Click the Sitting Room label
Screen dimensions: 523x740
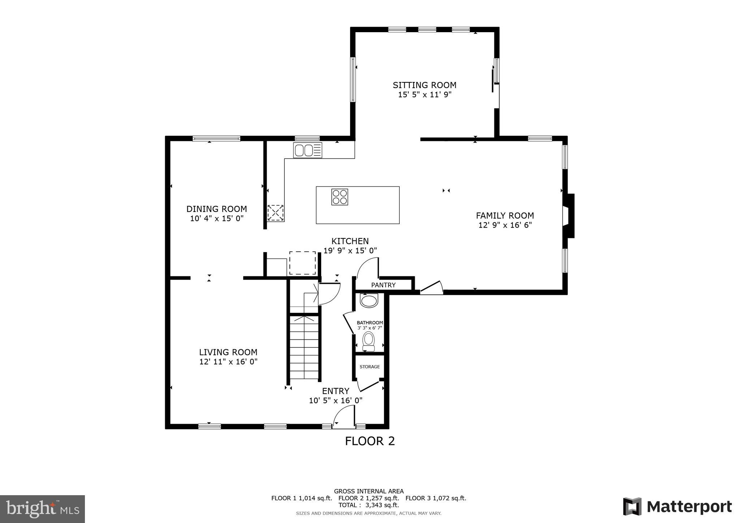point(424,85)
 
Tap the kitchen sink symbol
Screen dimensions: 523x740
point(307,150)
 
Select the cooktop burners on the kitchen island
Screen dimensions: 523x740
point(340,197)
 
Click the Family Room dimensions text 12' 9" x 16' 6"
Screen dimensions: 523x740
point(505,225)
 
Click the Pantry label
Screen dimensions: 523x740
point(383,285)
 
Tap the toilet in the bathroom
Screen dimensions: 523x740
point(369,341)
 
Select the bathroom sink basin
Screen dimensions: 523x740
point(369,301)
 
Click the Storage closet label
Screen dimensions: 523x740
point(369,367)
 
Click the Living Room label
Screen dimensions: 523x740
point(228,352)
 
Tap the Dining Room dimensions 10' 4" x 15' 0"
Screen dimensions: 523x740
point(217,219)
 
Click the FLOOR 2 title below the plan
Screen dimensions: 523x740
point(370,441)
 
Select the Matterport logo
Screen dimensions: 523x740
point(677,506)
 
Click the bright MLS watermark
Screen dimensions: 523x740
point(42,509)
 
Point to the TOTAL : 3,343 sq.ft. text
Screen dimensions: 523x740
point(369,505)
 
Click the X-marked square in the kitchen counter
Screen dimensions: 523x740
point(275,213)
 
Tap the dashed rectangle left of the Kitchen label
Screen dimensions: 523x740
point(302,263)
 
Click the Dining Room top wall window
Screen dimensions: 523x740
point(216,138)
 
